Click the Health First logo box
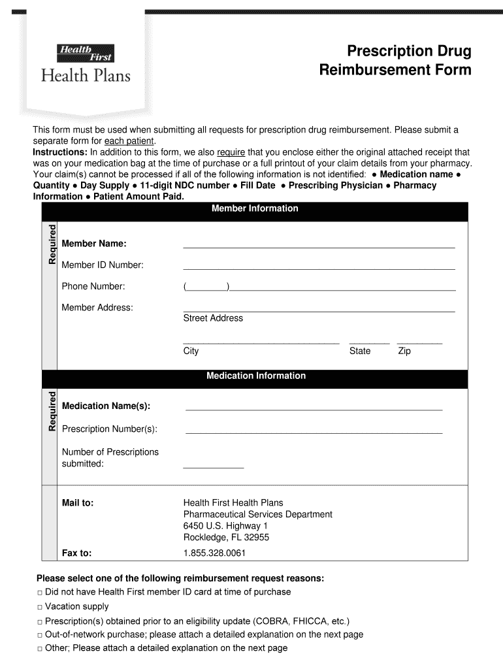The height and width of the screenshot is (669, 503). (x=86, y=53)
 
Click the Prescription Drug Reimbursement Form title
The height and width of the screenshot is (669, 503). (x=395, y=61)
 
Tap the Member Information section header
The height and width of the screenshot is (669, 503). (x=255, y=209)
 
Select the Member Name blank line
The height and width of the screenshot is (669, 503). (x=319, y=247)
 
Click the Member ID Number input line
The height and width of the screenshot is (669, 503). (x=319, y=268)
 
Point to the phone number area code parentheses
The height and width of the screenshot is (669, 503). (x=206, y=287)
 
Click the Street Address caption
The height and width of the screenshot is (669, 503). (x=213, y=318)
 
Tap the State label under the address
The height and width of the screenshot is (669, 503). (x=360, y=351)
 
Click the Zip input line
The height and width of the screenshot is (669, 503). (x=419, y=342)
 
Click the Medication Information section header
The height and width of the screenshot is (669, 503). (x=255, y=376)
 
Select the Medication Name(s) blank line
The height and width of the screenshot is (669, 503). (x=314, y=409)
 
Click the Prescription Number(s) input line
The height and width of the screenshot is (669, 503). (x=314, y=432)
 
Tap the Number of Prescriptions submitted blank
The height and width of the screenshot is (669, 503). (x=213, y=466)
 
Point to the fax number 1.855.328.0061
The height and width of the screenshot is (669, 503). (x=214, y=553)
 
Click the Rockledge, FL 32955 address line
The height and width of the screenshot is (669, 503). (x=226, y=538)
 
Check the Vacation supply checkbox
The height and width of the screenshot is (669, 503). (x=39, y=608)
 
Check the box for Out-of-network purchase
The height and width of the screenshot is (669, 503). (x=39, y=635)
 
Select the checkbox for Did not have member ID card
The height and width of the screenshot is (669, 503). (x=39, y=593)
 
